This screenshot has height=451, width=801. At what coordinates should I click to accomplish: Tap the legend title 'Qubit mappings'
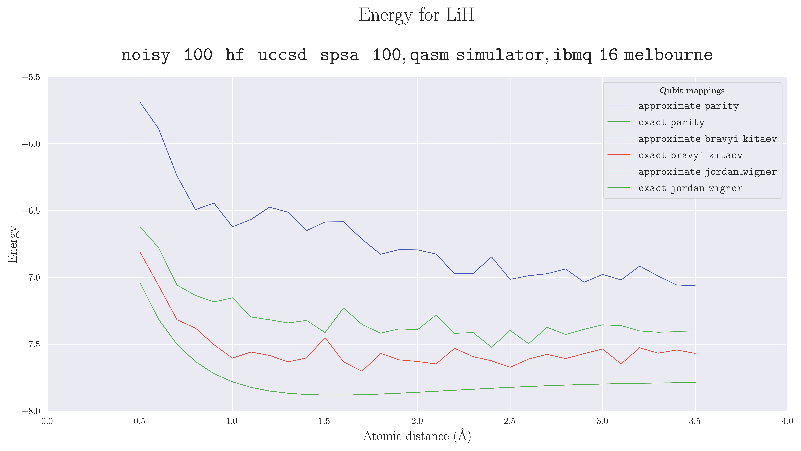coord(692,91)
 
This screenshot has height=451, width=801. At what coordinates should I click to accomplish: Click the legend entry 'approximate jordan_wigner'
coord(707,172)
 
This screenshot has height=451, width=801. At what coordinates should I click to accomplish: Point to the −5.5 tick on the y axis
coord(31,77)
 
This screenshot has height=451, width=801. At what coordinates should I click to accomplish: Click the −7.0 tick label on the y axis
coord(31,277)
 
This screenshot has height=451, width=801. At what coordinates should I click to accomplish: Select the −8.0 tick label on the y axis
coord(31,411)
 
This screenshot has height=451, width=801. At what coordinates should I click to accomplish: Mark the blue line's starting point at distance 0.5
coord(140,102)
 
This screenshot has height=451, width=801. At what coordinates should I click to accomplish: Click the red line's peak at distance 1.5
coord(325,337)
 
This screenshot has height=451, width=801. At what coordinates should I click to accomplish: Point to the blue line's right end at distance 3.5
coord(695,286)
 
